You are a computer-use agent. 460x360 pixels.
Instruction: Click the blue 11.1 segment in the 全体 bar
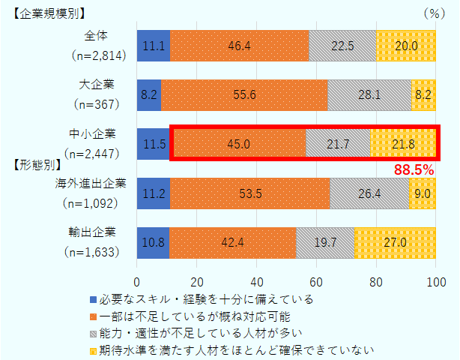coord(154,46)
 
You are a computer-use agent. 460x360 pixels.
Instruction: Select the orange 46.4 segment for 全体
coord(239,46)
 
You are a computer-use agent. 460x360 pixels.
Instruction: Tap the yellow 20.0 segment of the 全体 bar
coord(406,46)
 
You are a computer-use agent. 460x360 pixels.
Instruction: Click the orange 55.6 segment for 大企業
coord(244,95)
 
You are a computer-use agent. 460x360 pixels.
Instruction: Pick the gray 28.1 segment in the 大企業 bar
coord(369,95)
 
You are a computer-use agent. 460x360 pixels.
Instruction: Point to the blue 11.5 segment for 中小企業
coord(154,144)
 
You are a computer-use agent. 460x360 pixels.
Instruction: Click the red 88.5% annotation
coord(414,171)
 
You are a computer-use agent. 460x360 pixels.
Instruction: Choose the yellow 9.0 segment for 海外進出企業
coord(423,193)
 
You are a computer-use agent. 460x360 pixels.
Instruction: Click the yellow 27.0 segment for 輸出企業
coord(396,242)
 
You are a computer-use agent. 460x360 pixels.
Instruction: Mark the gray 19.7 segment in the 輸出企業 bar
coord(325,242)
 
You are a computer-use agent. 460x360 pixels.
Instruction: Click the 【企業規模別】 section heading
coord(49,13)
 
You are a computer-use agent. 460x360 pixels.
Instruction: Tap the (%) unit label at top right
coord(434,13)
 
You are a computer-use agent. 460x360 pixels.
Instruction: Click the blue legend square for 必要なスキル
coord(92,299)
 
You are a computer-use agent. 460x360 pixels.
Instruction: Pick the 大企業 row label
coord(97,83)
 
